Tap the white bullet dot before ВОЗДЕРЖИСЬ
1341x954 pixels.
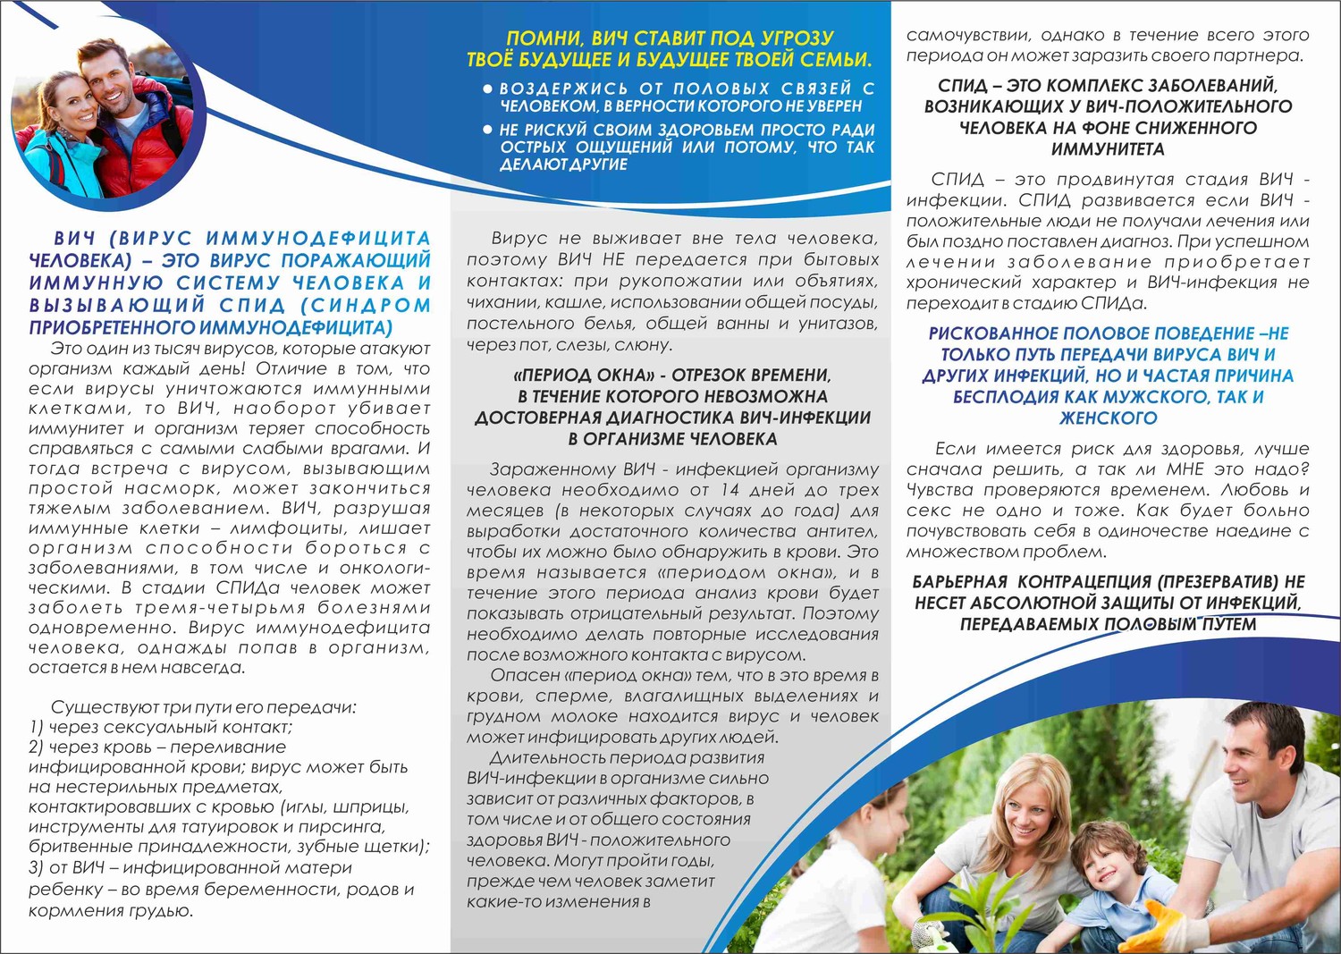487,89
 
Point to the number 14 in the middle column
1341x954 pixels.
730,490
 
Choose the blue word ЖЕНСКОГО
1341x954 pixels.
1108,418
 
